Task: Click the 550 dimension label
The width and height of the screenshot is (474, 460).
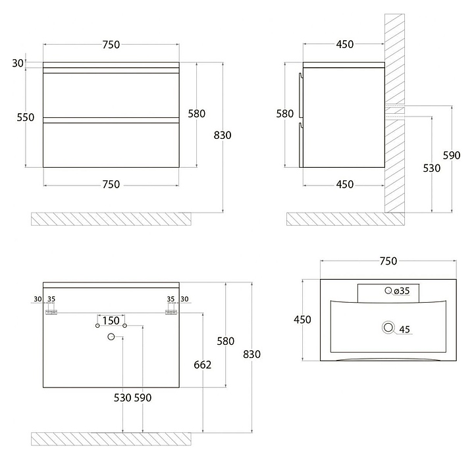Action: click(x=26, y=117)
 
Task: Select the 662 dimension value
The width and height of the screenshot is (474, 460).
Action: click(x=203, y=365)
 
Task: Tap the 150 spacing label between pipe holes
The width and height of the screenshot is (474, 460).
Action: click(x=111, y=320)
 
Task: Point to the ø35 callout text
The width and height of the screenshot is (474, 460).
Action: click(x=402, y=291)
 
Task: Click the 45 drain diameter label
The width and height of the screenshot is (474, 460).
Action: click(x=404, y=329)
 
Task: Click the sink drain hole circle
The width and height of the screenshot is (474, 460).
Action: click(x=388, y=327)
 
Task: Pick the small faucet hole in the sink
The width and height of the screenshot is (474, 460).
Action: click(x=388, y=290)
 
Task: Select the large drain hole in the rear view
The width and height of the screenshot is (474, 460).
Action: click(x=111, y=336)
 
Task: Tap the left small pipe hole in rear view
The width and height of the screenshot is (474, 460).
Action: click(x=97, y=326)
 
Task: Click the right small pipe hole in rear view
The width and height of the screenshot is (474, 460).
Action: click(x=124, y=326)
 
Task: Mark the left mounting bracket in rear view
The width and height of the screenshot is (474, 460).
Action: click(x=51, y=312)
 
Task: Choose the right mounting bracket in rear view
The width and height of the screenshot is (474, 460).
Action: click(x=171, y=312)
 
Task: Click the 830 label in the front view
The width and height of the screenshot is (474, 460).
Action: click(x=223, y=135)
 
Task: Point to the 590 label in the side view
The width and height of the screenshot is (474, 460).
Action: click(x=452, y=155)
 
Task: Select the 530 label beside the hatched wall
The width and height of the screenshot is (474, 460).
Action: click(x=432, y=168)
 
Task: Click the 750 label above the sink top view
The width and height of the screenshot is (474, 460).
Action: click(x=388, y=261)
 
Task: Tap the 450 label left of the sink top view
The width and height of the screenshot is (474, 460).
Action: click(x=302, y=319)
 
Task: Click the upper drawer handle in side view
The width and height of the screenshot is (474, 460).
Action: click(x=300, y=95)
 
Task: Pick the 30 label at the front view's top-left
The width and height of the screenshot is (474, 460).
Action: click(x=18, y=63)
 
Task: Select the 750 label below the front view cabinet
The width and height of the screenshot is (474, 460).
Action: click(x=111, y=184)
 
